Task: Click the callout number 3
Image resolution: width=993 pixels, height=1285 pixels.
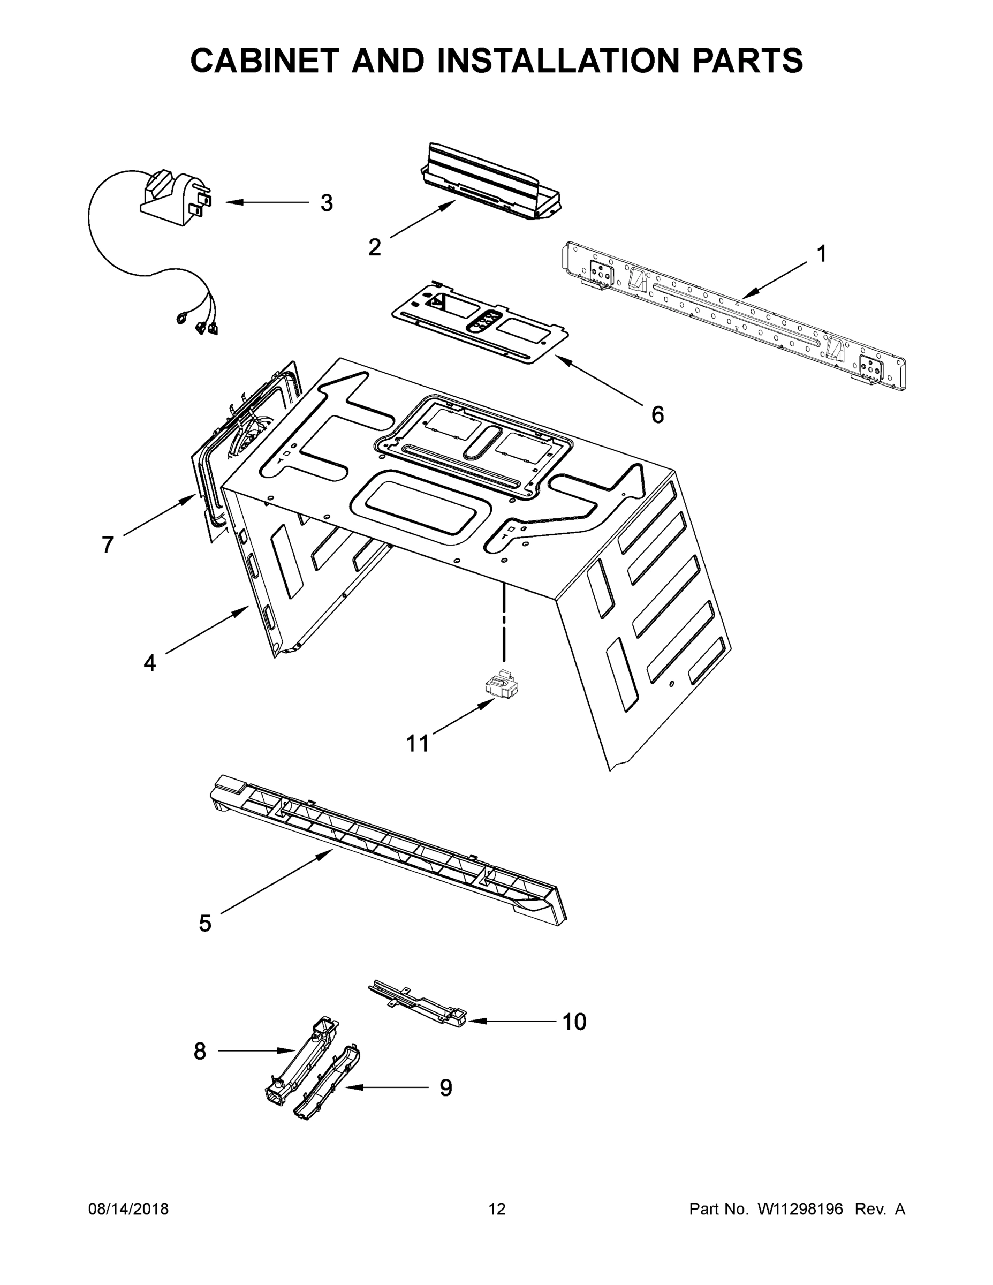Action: [327, 203]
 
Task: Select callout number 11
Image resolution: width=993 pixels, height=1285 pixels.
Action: [418, 744]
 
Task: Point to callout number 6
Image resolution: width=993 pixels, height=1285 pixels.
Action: [657, 415]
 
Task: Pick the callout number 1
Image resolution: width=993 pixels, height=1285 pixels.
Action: [822, 254]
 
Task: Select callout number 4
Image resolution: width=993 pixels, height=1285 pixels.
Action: [149, 663]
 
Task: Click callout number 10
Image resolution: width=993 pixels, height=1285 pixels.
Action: [574, 1022]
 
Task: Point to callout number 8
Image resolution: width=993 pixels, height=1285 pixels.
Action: [200, 1051]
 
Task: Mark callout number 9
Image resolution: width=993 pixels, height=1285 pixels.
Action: [446, 1088]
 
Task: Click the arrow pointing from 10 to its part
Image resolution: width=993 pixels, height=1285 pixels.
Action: [512, 1022]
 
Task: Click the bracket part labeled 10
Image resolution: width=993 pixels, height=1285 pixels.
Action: [418, 1003]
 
